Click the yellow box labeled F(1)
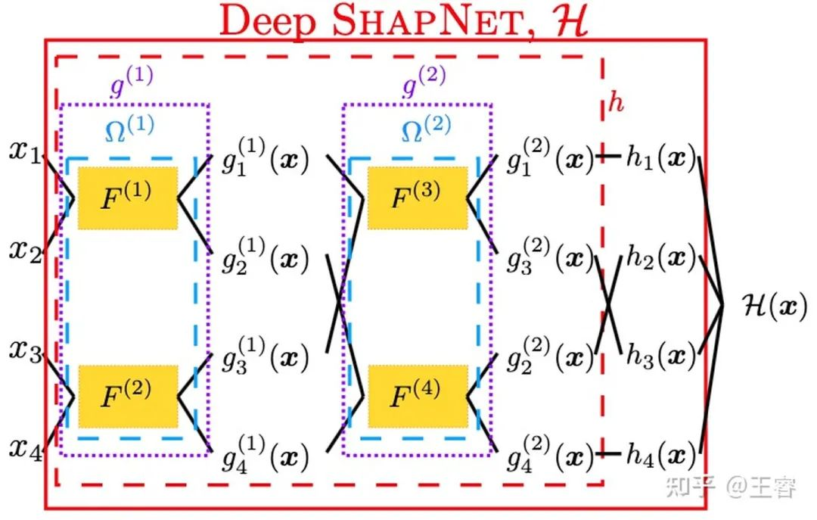pyautogui.click(x=127, y=198)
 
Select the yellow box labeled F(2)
pyautogui.click(x=127, y=395)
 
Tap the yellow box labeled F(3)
pyautogui.click(x=417, y=198)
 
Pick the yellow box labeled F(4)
pyautogui.click(x=417, y=395)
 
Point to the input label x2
pyautogui.click(x=25, y=250)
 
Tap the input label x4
pyautogui.click(x=25, y=449)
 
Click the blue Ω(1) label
pyautogui.click(x=128, y=130)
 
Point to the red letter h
pyautogui.click(x=617, y=103)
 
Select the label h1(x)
pyautogui.click(x=660, y=157)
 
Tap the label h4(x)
pyautogui.click(x=660, y=454)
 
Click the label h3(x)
pyautogui.click(x=660, y=356)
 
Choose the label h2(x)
pyautogui.click(x=660, y=259)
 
